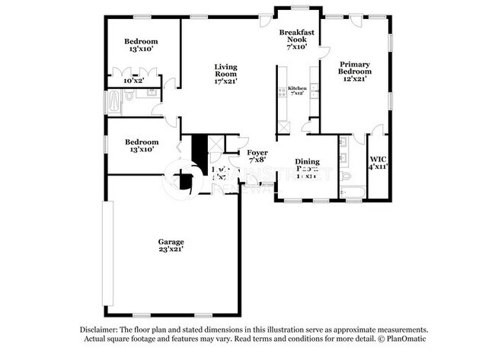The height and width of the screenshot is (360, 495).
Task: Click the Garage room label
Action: coord(171,241)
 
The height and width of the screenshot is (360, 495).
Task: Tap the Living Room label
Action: coord(225,71)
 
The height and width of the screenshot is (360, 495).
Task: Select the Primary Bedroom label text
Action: coord(356,68)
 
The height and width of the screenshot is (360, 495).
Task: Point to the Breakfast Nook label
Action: coord(296,37)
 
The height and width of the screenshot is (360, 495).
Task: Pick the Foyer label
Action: coord(257,152)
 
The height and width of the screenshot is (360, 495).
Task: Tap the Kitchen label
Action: coord(297,88)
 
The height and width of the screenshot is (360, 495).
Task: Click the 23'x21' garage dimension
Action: coord(171,250)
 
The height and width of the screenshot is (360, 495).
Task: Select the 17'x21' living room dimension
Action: coord(225,80)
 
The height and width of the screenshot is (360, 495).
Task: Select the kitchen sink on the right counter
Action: coord(313,89)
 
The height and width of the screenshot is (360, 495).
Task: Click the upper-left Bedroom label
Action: coord(141,41)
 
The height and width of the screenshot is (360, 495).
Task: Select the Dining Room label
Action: coord(307,162)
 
